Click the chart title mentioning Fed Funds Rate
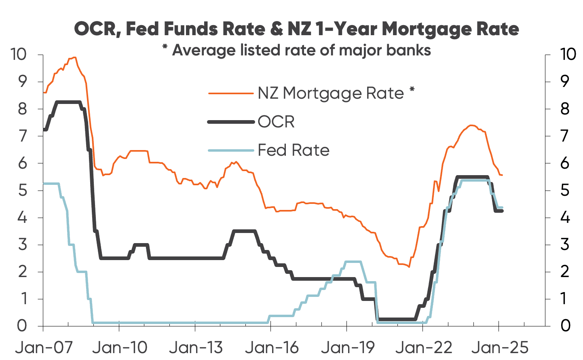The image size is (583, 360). (296, 29)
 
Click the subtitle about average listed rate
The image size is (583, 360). (296, 51)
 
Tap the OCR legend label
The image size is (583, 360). (276, 122)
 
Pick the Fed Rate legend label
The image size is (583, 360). (294, 150)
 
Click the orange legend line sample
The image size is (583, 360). (231, 93)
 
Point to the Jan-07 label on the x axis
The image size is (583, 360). (43, 347)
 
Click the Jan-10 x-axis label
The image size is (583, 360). (119, 347)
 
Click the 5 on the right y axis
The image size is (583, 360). (565, 190)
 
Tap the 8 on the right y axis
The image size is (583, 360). (565, 109)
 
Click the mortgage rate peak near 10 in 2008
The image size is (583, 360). (74, 57)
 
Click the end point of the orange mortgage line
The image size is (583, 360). (502, 175)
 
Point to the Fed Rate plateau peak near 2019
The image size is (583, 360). (353, 262)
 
